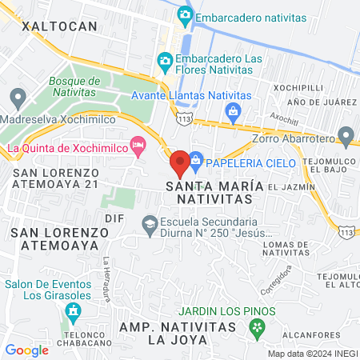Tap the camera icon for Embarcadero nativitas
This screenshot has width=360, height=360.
point(186,14)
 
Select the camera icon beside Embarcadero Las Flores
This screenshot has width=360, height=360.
point(165,60)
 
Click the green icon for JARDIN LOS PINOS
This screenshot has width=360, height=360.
point(256,326)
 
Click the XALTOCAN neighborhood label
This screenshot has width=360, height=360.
point(59,26)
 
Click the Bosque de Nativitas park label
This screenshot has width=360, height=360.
point(74,86)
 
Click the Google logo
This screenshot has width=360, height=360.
point(26,350)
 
